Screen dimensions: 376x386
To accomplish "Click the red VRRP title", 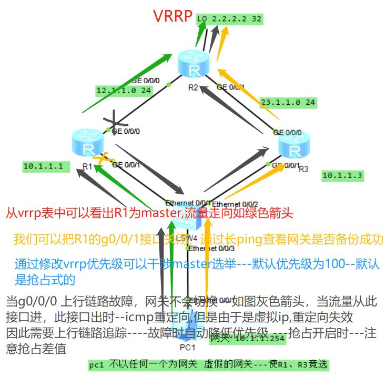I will point(172,16).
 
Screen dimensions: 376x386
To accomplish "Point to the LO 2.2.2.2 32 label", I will point(230,19).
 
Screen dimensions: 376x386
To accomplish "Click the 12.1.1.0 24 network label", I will point(116,91).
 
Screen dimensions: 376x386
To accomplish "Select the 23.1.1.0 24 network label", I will point(288,102).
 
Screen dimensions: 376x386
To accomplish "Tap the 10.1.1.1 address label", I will point(43,166).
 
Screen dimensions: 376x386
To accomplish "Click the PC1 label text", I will point(188,348).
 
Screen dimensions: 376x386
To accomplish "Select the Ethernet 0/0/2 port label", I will point(235,204).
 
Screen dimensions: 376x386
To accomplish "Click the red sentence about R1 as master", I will point(149,214).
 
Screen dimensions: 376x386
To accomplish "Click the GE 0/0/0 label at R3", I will point(288,132).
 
